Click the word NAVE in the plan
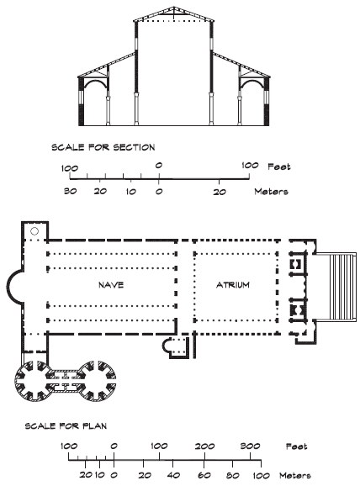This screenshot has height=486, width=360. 111,285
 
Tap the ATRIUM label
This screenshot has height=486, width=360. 232,285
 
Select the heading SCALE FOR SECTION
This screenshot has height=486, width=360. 103,147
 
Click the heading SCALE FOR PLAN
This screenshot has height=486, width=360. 66,425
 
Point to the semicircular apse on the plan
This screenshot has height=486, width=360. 9,286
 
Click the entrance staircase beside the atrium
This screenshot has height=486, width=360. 336,287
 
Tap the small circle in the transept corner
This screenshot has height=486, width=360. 34,231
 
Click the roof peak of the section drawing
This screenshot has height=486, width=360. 174,7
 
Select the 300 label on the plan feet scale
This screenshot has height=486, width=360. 250,446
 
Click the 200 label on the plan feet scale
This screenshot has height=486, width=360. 204,446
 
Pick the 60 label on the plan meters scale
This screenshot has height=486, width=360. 204,475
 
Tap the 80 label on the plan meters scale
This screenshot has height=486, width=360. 232,475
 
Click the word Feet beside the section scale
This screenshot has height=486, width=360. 279,166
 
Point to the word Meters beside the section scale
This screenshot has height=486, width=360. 272,192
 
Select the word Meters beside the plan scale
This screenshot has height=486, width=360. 295,475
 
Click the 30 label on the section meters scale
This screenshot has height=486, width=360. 70,191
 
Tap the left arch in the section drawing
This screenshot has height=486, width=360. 96,82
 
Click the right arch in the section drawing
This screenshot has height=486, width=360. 252,82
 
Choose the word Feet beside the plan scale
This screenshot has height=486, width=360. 296,446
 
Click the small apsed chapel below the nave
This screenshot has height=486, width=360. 176,348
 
